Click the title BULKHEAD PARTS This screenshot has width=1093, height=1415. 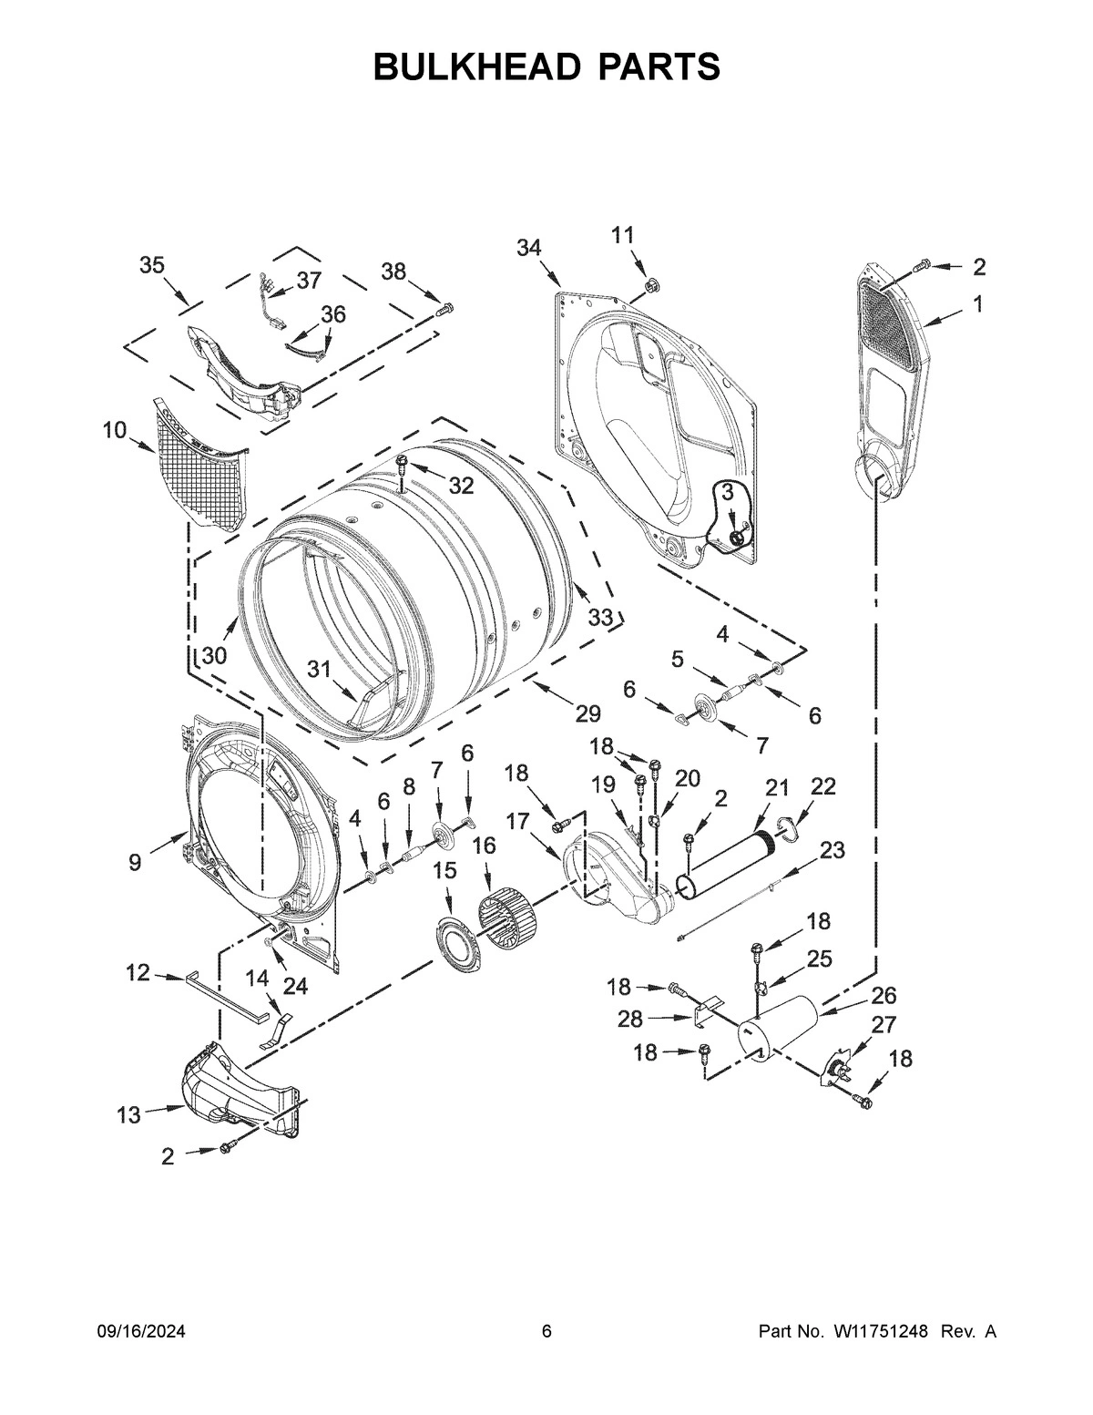coord(546,67)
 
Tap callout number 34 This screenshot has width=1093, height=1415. coord(529,247)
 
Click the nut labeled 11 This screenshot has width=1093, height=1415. coord(650,287)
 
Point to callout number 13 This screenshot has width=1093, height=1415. coord(128,1114)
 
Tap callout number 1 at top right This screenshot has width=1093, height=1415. coord(977,305)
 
